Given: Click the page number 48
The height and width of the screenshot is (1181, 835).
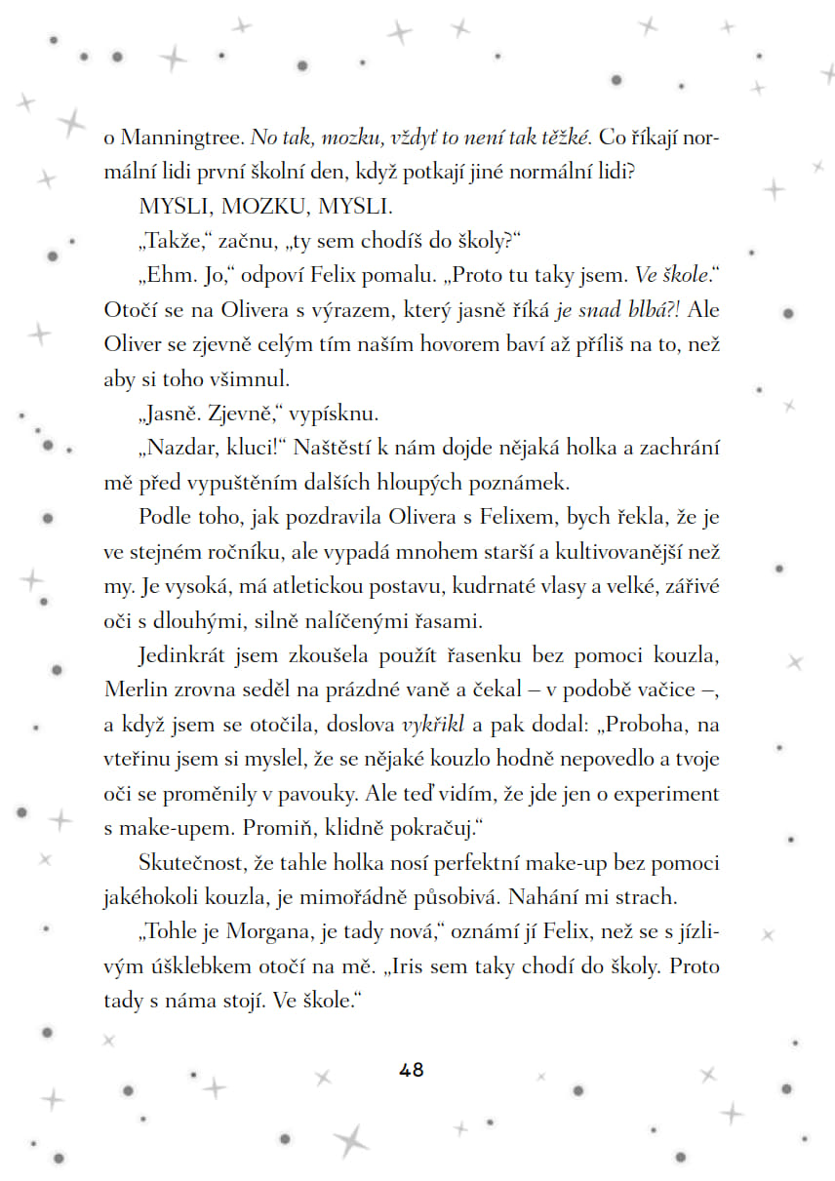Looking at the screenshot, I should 412,1069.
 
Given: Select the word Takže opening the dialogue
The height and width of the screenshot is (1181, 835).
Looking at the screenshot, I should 174,241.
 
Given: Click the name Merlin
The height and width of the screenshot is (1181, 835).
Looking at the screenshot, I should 132,689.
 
